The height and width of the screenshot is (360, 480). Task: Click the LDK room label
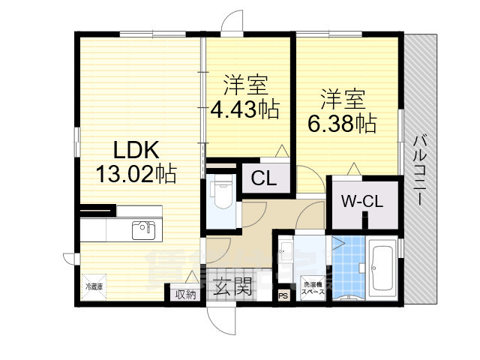coord(136,147)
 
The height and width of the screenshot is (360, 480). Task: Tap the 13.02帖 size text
coord(136,174)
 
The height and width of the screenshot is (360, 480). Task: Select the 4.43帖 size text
coord(244,110)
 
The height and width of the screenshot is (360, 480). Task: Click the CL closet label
coord(262,178)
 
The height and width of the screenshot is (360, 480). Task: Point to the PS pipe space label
coord(283,296)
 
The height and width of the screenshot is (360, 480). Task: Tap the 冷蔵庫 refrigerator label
coord(94,287)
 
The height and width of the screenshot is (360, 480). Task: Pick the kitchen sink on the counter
coord(142,230)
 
